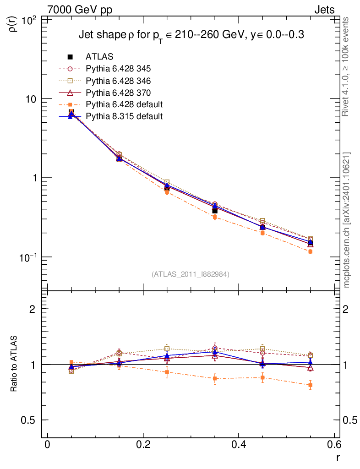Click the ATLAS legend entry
pos(99,57)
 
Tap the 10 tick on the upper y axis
pos(33,99)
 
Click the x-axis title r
pos(338,458)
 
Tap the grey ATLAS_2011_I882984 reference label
pos(191,274)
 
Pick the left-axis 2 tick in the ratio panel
pos(33,309)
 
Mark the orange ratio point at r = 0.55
pos(311,385)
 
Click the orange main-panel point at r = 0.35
pos(215,217)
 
